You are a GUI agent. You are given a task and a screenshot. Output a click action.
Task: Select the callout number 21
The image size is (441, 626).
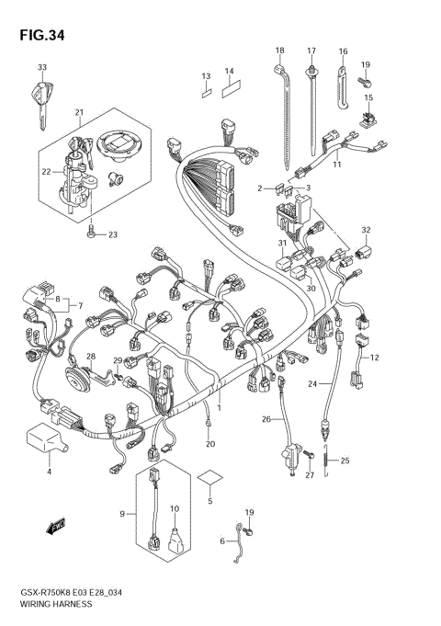tap(80, 113)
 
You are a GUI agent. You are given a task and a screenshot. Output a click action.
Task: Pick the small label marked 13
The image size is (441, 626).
tap(207, 92)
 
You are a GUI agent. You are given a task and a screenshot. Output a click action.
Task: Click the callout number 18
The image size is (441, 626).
tap(279, 51)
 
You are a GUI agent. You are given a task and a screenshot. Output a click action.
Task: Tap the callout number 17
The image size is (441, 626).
tap(311, 51)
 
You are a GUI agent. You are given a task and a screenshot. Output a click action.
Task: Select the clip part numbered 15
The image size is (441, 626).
tap(368, 117)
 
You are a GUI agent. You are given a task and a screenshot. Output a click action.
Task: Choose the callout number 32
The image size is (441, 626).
tap(366, 230)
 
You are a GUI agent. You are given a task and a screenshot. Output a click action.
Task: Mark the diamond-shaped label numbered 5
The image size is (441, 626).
tap(209, 480)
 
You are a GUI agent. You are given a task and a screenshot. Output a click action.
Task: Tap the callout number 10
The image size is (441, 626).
tap(174, 508)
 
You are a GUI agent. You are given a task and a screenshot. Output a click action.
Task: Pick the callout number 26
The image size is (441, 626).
tap(266, 419)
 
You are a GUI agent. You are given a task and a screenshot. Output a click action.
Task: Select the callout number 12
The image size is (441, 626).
tap(374, 357)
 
